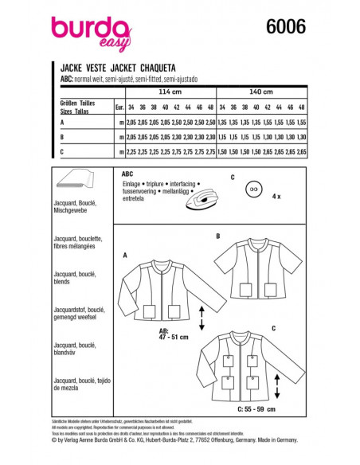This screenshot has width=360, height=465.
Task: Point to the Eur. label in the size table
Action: click(119, 105)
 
